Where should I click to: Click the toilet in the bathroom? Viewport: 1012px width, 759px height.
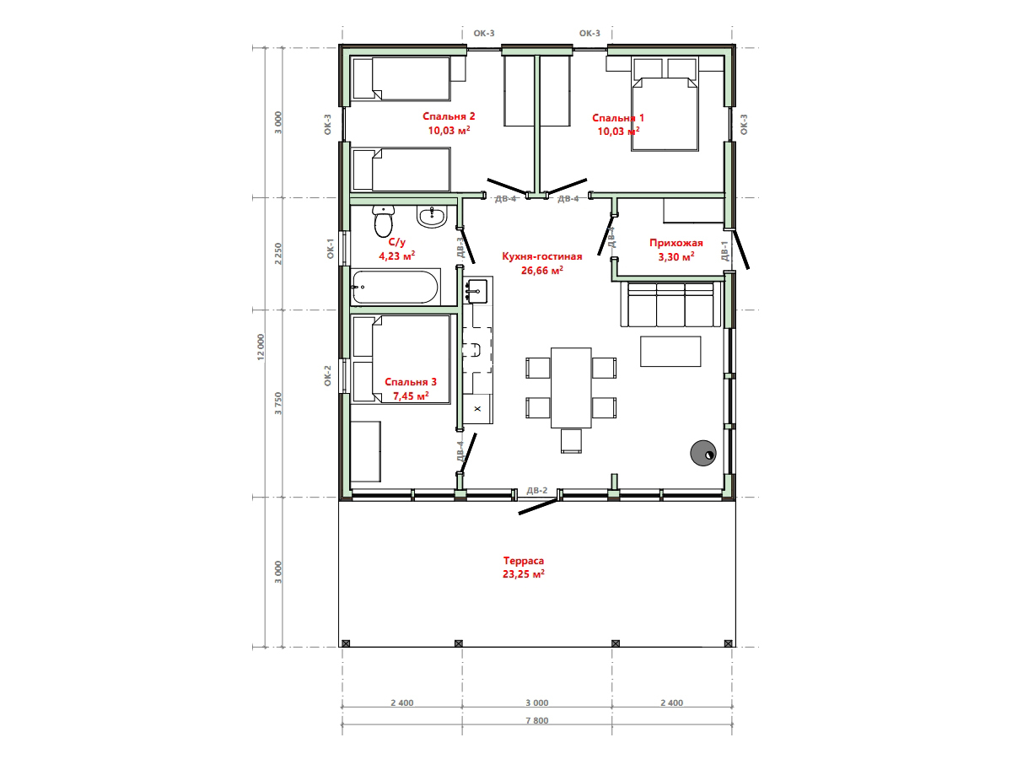click(383, 221)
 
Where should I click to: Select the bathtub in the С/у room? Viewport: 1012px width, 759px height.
click(396, 287)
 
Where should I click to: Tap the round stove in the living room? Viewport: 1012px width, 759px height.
click(702, 453)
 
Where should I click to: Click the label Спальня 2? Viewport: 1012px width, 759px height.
click(449, 116)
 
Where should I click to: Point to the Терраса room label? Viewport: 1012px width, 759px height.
click(524, 560)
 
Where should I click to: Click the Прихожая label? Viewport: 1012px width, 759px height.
click(676, 243)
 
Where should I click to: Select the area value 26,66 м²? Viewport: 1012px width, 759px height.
click(541, 270)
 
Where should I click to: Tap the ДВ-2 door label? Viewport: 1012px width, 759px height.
click(537, 490)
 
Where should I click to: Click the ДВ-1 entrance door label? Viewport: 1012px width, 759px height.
click(724, 251)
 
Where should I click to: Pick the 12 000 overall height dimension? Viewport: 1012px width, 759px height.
click(261, 347)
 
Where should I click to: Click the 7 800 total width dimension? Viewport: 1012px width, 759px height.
click(537, 721)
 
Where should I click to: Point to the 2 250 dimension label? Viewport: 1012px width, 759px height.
click(278, 254)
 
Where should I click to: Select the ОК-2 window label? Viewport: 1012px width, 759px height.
click(327, 375)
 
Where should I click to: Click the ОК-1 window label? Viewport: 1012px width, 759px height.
click(330, 249)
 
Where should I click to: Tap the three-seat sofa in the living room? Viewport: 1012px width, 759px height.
click(670, 304)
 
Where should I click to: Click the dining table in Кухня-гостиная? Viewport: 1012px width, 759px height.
click(571, 388)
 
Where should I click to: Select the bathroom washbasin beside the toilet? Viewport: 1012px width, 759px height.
click(432, 217)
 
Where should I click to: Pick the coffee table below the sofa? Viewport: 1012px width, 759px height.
click(670, 351)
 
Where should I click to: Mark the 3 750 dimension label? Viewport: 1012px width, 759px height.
click(278, 403)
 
